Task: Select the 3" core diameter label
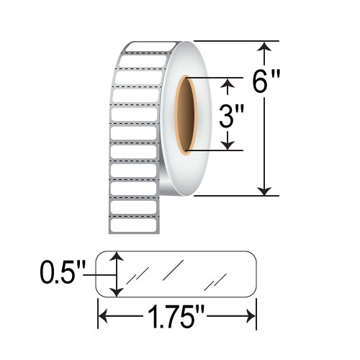coord(228,114)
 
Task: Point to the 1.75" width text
coord(176,316)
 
